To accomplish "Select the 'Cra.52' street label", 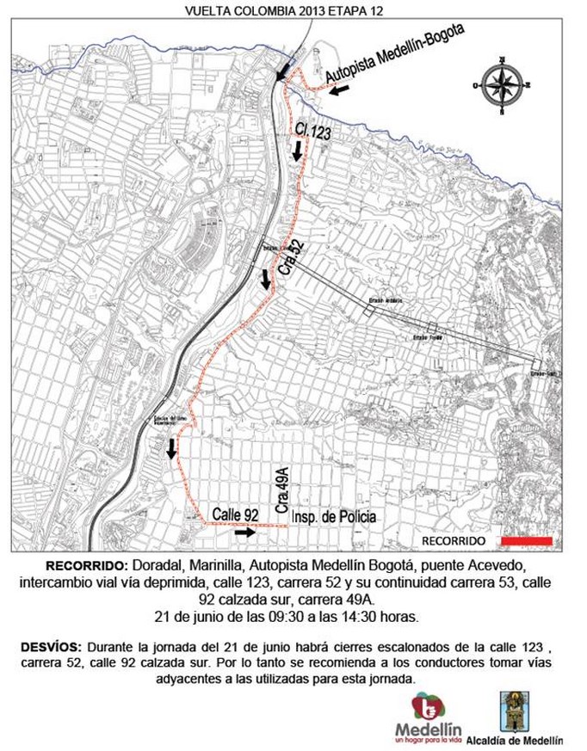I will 291,258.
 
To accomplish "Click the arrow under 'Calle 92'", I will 244,532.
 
